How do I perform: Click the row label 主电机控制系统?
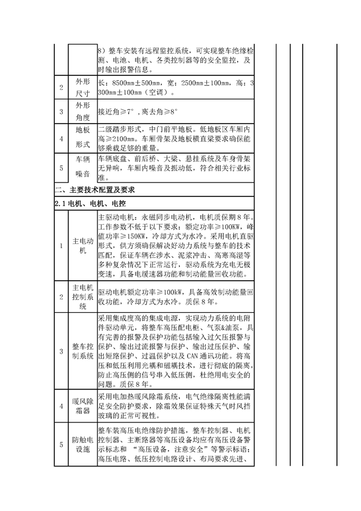click(x=82, y=297)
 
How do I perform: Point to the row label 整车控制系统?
click(x=82, y=351)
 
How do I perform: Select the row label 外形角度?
click(x=82, y=111)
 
